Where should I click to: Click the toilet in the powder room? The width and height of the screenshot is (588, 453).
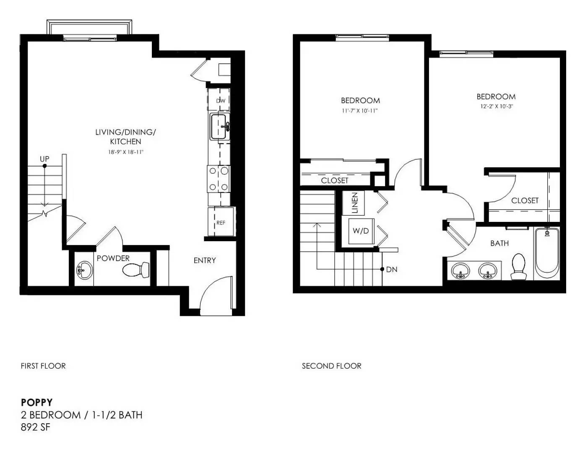[136, 269]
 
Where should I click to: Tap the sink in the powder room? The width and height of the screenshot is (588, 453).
[84, 270]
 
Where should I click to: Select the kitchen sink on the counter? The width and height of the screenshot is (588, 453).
[220, 126]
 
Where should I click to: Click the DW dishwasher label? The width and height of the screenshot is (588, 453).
[221, 101]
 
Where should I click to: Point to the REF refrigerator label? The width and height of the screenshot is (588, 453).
[221, 223]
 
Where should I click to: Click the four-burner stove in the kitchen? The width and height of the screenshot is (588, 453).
[219, 179]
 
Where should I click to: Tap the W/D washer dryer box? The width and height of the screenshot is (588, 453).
[361, 231]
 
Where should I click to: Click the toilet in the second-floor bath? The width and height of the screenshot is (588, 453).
[518, 266]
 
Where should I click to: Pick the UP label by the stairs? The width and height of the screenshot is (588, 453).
[44, 159]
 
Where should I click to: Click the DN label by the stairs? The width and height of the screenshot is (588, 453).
[392, 269]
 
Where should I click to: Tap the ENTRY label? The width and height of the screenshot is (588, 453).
[205, 260]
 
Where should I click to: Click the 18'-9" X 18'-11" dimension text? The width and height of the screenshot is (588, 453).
[125, 152]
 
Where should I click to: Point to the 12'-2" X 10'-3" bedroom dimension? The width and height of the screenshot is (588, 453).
[497, 107]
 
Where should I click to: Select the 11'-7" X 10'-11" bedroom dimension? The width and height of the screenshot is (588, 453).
[360, 111]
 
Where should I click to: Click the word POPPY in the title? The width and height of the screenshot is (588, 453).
[36, 402]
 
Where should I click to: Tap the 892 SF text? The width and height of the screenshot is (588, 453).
[36, 427]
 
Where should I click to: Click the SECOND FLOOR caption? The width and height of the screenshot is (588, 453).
[331, 366]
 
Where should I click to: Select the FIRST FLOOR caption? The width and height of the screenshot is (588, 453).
[43, 366]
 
